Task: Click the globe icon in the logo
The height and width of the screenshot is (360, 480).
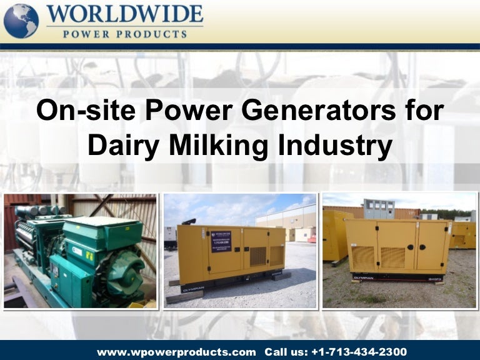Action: [21, 21]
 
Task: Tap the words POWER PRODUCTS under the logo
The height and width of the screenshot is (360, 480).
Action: [124, 34]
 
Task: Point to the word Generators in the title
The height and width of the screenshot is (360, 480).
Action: [300, 111]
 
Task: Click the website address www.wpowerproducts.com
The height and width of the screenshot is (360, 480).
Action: [176, 352]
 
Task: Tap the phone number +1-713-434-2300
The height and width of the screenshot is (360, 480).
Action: [361, 352]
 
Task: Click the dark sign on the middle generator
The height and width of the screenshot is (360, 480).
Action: [221, 241]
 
